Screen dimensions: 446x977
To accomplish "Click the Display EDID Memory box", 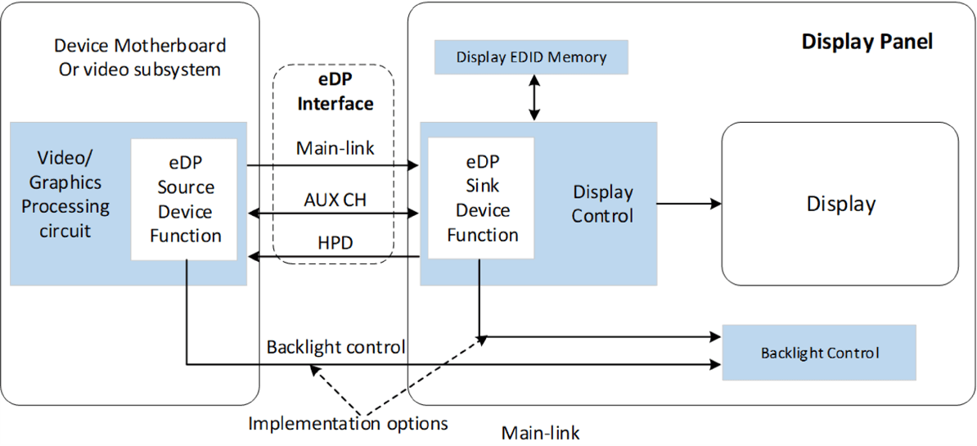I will click(531, 57).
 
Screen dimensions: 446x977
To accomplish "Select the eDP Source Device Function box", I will click(184, 200).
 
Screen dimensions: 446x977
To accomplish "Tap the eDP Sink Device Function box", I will click(481, 198).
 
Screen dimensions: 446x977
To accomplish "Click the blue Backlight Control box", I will click(819, 354).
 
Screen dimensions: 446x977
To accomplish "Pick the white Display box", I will click(840, 204).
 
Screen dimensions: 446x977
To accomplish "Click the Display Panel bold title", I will click(867, 41).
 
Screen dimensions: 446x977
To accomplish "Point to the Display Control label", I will click(602, 204).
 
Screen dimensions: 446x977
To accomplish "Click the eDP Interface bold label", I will click(335, 92).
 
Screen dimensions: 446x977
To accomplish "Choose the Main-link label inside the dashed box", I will click(335, 148).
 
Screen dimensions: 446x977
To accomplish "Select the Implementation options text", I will click(348, 423).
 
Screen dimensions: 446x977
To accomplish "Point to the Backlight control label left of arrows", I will click(335, 347).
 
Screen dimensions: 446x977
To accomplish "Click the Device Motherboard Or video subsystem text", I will click(140, 57).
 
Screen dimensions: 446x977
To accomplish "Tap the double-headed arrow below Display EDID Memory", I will click(534, 97).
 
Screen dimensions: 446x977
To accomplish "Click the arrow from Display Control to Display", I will click(688, 204).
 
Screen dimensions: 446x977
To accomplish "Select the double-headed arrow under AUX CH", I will click(333, 214).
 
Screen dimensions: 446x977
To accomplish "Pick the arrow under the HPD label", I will click(333, 258).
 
